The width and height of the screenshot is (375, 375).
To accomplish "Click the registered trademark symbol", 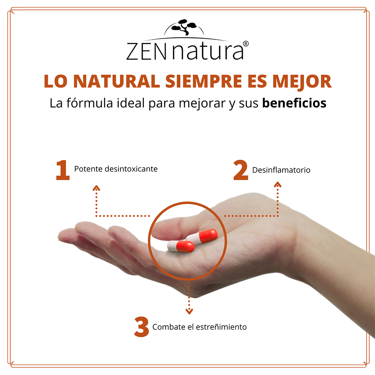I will [x=246, y=44].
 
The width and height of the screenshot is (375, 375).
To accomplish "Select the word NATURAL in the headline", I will [x=117, y=81].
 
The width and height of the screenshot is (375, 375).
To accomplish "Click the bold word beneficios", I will [x=294, y=103].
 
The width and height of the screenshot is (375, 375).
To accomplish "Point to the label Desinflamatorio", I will [x=281, y=170].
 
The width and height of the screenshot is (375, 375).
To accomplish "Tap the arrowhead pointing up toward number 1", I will [x=97, y=188].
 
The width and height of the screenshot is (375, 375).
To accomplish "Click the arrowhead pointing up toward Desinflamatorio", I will [x=277, y=184].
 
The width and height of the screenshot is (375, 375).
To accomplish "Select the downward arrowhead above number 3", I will [x=189, y=311].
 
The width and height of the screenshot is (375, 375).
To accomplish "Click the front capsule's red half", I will [x=185, y=246].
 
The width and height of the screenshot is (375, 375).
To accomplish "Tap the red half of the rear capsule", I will [x=209, y=235].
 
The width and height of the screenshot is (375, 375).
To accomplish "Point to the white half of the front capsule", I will [x=172, y=246].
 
